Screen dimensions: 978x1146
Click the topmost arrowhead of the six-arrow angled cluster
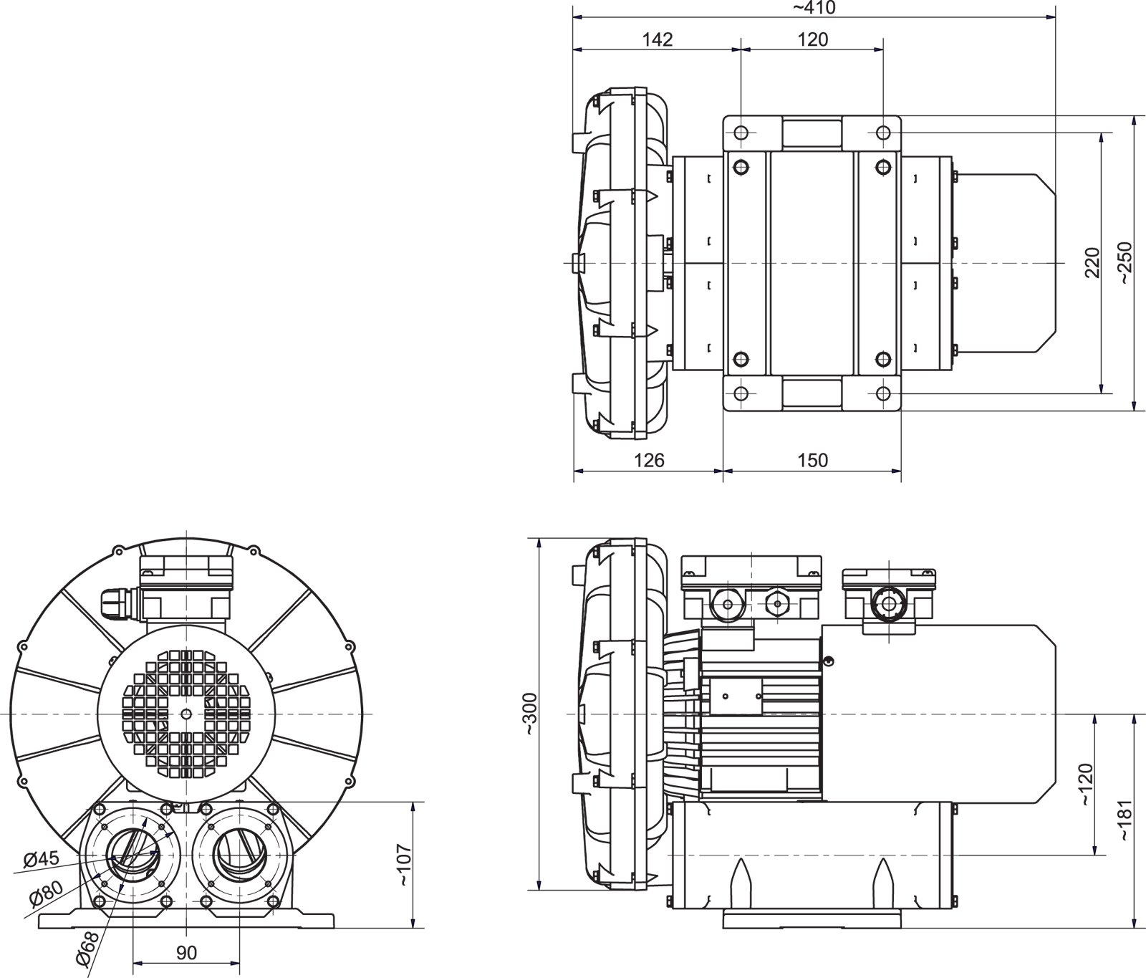pos(146,823)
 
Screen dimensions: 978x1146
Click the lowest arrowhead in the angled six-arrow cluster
pos(121,888)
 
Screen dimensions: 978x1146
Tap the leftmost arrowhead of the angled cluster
pos(97,876)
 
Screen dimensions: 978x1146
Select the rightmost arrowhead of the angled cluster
pos(170,835)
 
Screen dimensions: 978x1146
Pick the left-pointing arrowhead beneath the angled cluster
pos(138,964)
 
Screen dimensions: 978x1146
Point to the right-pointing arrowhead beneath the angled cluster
pos(234,964)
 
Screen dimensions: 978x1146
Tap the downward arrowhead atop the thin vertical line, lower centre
pos(539,886)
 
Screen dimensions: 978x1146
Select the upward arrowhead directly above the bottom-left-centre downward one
pos(413,808)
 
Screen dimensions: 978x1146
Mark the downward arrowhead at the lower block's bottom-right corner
pos(1133,924)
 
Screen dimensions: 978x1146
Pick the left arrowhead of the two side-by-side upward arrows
pos(1095,719)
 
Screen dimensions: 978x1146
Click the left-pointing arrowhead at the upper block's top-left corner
pos(578,16)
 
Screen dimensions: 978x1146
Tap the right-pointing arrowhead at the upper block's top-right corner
pos(1050,16)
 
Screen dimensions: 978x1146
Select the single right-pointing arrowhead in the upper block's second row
pos(879,50)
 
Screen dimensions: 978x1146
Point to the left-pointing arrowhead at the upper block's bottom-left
pos(579,471)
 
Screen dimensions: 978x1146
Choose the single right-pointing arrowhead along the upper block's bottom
pos(896,471)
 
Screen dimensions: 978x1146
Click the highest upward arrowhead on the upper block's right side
pos(1133,121)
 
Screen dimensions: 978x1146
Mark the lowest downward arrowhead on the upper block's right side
pos(1133,406)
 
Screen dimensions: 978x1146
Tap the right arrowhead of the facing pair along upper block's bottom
pos(728,471)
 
